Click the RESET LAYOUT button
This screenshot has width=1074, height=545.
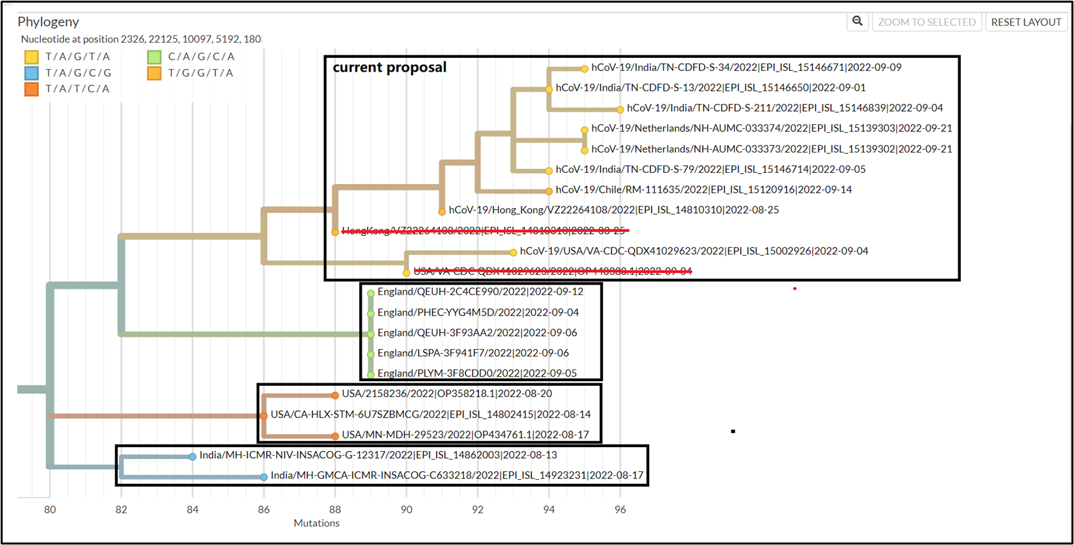click(x=1025, y=22)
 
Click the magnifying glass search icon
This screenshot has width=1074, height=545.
click(x=858, y=22)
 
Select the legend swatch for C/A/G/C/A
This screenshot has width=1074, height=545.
click(x=155, y=57)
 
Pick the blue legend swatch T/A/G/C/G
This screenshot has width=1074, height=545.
click(x=32, y=73)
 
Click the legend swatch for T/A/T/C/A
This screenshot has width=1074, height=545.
click(x=32, y=89)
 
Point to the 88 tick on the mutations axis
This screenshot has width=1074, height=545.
click(x=335, y=509)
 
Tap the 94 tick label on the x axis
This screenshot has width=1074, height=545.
click(x=549, y=509)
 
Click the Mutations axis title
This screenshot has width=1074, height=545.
click(x=316, y=523)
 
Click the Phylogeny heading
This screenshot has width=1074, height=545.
click(x=48, y=22)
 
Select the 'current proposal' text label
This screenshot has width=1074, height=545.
click(x=389, y=67)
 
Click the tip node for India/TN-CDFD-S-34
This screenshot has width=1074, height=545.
click(x=584, y=68)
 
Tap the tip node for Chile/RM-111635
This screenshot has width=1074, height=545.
click(x=549, y=191)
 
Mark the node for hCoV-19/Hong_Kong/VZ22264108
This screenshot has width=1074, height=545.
click(x=442, y=212)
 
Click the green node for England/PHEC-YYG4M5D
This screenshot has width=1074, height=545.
click(x=371, y=314)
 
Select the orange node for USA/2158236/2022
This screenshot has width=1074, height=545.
click(x=335, y=395)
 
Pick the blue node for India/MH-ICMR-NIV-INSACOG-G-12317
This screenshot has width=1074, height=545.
click(x=193, y=456)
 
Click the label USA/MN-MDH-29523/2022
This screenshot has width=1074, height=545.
click(x=465, y=435)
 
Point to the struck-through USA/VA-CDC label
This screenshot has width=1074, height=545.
click(x=552, y=271)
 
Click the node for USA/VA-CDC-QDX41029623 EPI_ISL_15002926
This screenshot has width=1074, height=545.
click(x=513, y=252)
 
